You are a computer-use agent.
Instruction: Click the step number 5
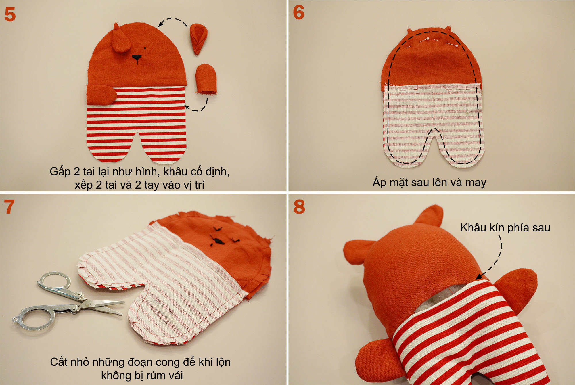click(10, 14)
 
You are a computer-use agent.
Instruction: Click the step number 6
click(299, 13)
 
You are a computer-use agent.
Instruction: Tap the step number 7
click(9, 207)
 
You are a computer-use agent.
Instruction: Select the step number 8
click(299, 207)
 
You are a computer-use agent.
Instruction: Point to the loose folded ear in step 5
click(198, 39)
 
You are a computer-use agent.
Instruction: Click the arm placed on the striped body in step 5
click(101, 95)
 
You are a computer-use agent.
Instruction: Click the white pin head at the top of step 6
click(429, 39)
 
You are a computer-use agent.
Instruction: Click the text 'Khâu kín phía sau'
click(505, 228)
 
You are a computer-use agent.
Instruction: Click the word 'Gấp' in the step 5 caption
click(60, 172)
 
